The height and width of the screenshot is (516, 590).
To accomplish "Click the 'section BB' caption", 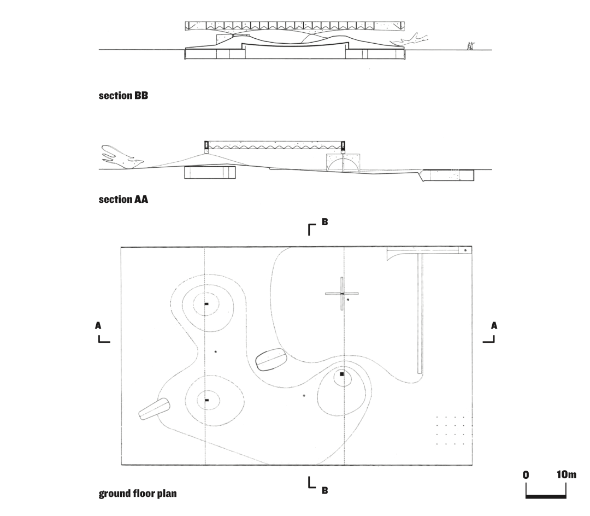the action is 123,96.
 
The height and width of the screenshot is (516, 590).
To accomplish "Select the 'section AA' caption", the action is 123,199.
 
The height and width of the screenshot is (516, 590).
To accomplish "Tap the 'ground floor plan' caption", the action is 138,494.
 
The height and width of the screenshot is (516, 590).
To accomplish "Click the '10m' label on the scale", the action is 567,474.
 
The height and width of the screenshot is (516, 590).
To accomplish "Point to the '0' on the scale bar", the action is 526,474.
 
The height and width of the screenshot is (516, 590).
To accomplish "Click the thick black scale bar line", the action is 546,497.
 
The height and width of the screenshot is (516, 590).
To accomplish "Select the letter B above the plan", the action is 324,222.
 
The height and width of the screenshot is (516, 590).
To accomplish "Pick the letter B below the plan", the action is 324,490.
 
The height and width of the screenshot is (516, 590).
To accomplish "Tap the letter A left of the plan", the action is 98,326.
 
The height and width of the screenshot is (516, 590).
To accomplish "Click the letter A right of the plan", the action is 494,326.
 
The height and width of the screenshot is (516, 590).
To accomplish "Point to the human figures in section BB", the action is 470,46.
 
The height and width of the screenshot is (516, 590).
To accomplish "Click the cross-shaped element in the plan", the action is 341,294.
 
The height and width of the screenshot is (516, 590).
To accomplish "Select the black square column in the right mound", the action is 342,374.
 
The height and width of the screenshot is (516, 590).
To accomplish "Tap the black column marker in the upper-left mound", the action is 206,304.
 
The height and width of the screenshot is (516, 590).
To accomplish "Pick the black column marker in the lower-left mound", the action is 206,400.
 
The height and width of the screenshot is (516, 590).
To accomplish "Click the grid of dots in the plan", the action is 450,431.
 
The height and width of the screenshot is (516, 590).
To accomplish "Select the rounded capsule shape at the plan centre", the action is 270,360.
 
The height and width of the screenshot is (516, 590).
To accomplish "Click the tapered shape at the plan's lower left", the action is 155,409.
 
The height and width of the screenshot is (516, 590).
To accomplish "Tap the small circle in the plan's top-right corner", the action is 465,250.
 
